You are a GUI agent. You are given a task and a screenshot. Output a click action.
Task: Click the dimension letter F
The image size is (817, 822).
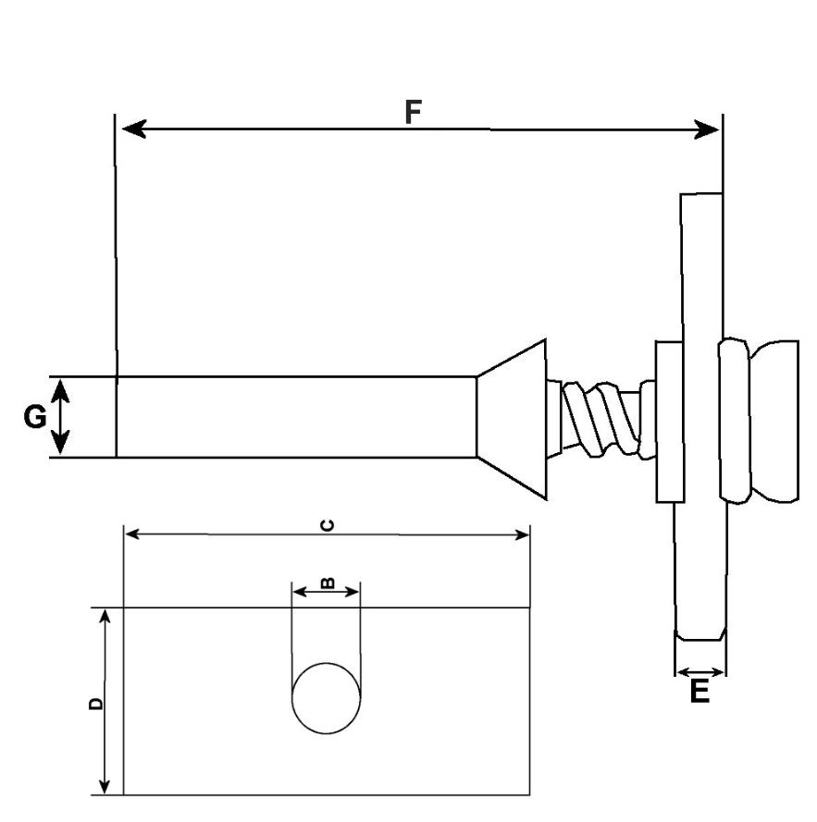[413, 111]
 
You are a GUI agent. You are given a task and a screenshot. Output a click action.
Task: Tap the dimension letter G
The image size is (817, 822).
[35, 417]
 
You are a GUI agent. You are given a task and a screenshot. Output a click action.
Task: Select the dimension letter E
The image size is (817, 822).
[699, 691]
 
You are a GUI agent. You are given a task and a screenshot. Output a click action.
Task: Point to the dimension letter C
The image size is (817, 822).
[328, 525]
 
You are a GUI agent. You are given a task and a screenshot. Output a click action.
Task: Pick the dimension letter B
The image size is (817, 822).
[327, 583]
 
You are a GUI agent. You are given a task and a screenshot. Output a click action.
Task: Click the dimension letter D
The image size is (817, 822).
[95, 704]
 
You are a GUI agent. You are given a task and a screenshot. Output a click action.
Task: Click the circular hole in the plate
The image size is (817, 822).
[326, 698]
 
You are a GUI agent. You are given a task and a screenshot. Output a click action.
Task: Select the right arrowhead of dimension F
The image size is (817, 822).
[706, 129]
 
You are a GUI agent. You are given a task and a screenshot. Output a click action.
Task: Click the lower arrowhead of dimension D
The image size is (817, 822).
[105, 784]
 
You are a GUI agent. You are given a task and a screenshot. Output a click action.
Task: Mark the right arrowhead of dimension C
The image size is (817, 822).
[522, 534]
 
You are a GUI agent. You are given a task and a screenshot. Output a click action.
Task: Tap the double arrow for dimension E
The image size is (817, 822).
[700, 672]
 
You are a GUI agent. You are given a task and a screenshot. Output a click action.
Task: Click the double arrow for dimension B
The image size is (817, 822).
[326, 593]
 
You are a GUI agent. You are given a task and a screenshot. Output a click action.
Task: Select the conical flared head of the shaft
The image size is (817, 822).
[512, 418]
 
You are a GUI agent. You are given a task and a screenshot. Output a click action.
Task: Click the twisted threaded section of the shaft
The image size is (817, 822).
[600, 418]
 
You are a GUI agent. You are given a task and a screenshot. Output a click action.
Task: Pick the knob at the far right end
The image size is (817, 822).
[760, 421]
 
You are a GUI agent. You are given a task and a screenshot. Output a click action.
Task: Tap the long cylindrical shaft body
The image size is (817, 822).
[296, 417]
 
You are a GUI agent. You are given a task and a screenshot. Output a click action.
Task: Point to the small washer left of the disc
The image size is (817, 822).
[670, 422]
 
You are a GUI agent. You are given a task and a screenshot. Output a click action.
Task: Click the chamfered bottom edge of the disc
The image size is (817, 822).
[700, 634]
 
